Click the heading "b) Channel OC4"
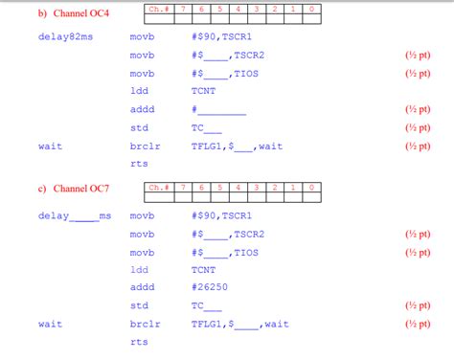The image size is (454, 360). click(73, 13)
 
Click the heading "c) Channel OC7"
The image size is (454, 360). click(73, 189)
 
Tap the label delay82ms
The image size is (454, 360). click(64, 36)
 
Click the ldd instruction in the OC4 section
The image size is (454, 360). click(138, 92)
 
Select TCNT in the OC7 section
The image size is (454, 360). click(203, 270)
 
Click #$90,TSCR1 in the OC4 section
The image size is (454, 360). click(219, 36)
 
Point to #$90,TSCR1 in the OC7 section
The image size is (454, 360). click(219, 216)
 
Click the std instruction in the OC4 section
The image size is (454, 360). click(138, 127)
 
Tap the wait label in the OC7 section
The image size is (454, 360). click(50, 324)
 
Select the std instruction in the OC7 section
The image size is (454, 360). click(138, 305)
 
